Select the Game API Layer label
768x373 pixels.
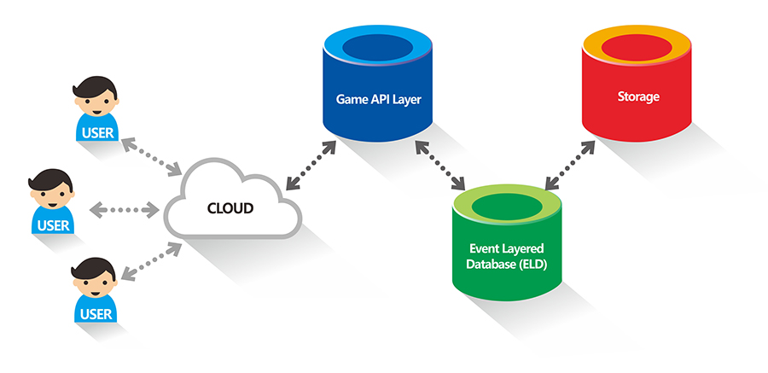point(378,99)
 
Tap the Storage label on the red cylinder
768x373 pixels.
point(638,96)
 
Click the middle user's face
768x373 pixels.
point(50,198)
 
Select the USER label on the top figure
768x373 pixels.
point(94,132)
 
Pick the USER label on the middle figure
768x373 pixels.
point(53,225)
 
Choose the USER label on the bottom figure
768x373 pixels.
point(95,313)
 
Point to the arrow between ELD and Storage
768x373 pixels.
point(569,163)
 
